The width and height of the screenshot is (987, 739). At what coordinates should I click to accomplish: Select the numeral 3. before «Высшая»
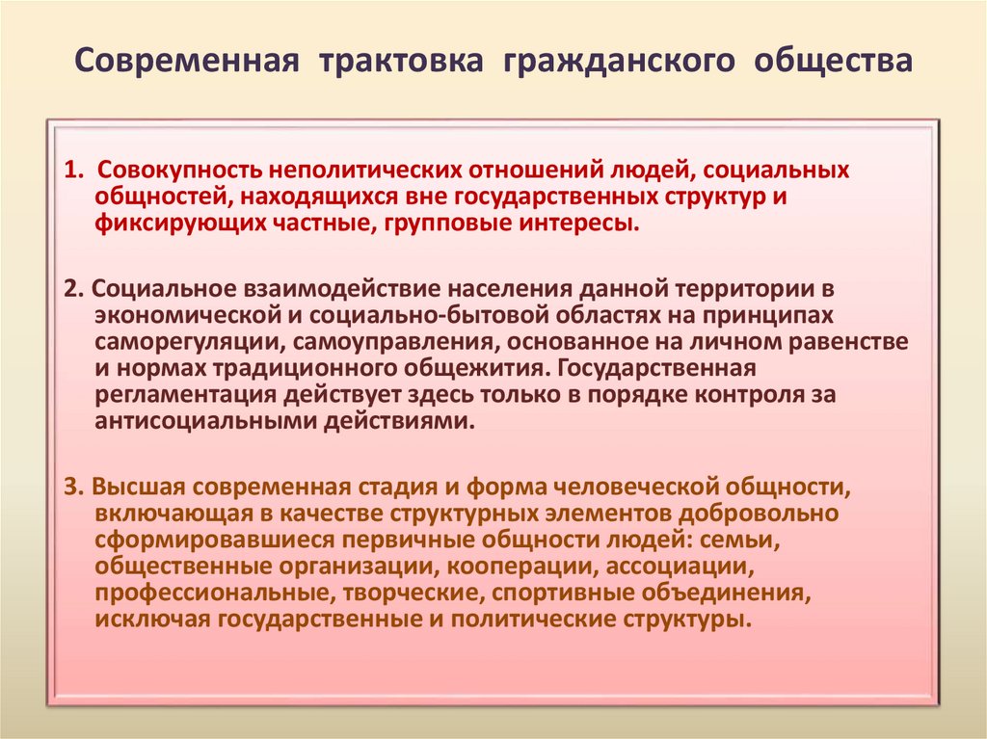[x=73, y=485]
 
